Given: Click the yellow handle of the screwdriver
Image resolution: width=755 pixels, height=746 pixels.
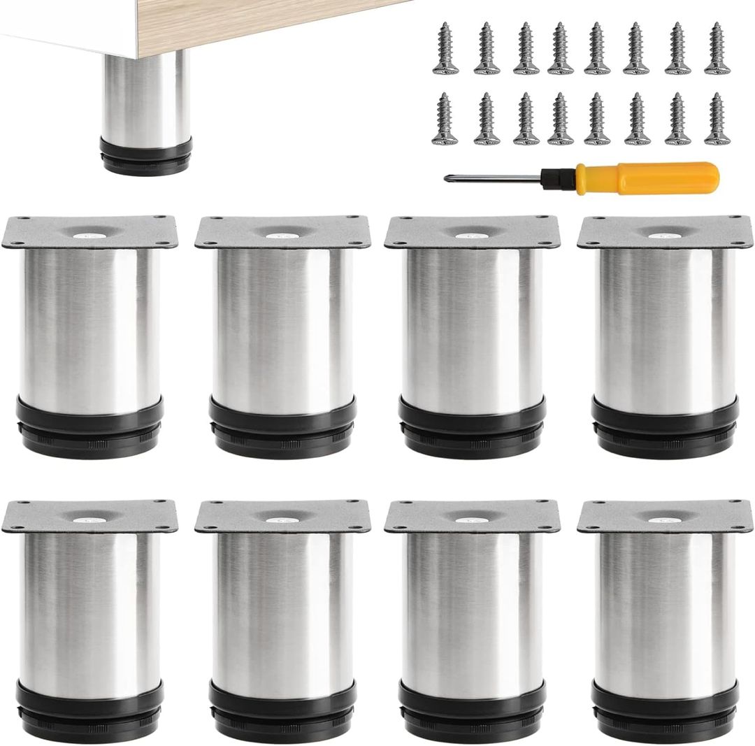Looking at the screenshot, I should click(x=671, y=177).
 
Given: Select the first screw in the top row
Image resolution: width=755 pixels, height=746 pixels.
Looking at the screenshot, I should click(x=444, y=49).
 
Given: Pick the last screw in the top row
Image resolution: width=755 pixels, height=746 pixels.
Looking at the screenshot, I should click(x=717, y=49).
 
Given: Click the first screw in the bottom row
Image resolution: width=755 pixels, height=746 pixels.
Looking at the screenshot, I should click(x=444, y=120).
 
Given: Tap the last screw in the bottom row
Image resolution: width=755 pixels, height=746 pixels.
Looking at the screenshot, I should click(x=717, y=120).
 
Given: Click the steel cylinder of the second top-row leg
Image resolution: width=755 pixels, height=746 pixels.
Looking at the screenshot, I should click(x=282, y=322).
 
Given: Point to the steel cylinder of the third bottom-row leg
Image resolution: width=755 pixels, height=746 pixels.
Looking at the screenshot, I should click(x=472, y=608).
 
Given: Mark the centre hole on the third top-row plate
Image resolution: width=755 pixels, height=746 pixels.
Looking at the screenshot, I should click(x=473, y=235).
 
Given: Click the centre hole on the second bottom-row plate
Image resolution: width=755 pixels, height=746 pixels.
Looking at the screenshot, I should click(x=282, y=519).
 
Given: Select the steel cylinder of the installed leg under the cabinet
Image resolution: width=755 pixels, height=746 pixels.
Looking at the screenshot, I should click(x=145, y=98).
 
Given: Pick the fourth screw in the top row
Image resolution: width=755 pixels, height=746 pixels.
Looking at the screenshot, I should click(x=560, y=49).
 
